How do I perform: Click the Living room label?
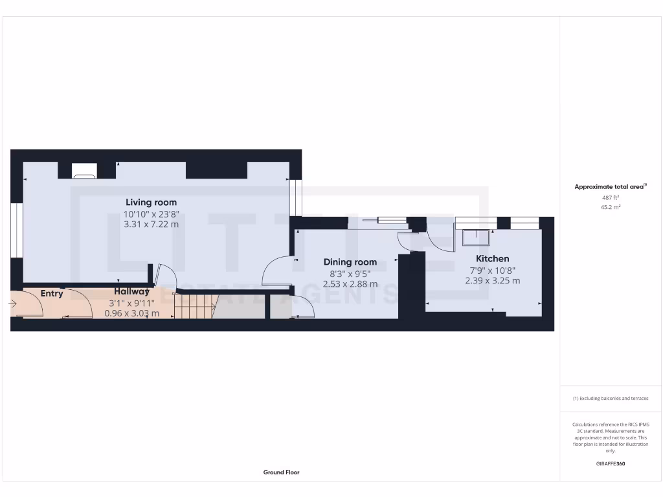(x=151, y=203)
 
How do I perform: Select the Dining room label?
(x=350, y=262)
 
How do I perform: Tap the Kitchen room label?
(x=492, y=259)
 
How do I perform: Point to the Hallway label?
(x=131, y=292)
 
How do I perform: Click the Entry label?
(x=52, y=294)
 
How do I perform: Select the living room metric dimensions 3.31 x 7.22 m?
(x=151, y=225)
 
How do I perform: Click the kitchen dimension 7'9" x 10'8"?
(x=492, y=271)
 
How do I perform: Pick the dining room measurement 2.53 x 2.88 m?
(x=350, y=283)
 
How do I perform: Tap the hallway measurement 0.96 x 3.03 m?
(x=131, y=313)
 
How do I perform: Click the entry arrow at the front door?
(x=14, y=303)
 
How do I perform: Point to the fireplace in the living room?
(x=84, y=171)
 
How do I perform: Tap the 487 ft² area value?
(x=611, y=197)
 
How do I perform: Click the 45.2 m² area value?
(x=611, y=208)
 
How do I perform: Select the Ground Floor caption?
(x=281, y=472)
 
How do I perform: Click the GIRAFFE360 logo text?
(x=611, y=463)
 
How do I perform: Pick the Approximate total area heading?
(x=611, y=187)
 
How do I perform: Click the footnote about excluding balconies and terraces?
(x=611, y=399)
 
